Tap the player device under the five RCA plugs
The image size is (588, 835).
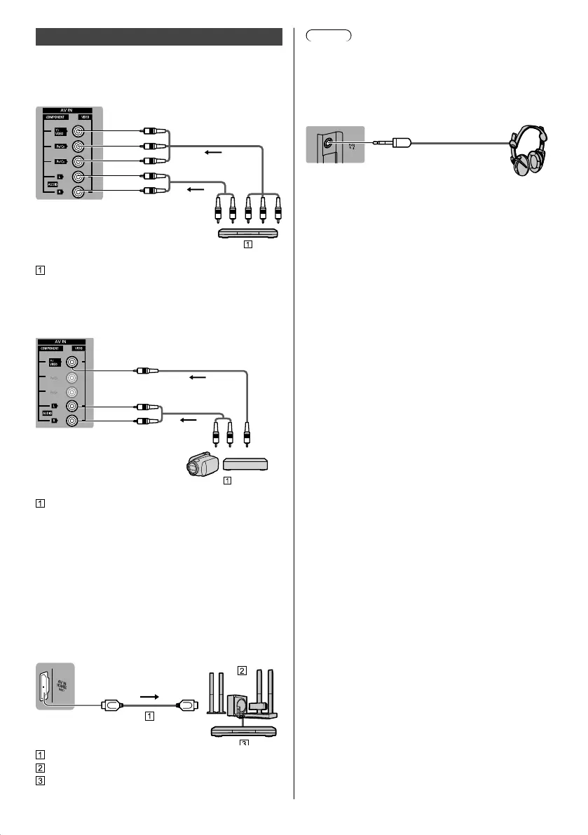click(249, 234)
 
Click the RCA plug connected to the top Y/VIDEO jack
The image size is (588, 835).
click(153, 130)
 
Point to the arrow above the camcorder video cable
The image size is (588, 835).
click(200, 377)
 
